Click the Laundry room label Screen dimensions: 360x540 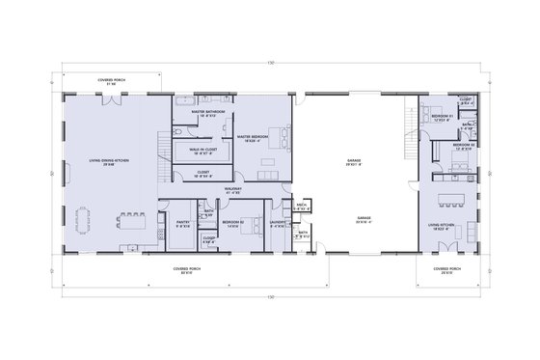coord(279,225)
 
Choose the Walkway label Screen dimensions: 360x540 coord(232,192)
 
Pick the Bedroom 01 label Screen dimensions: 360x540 coord(444,117)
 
